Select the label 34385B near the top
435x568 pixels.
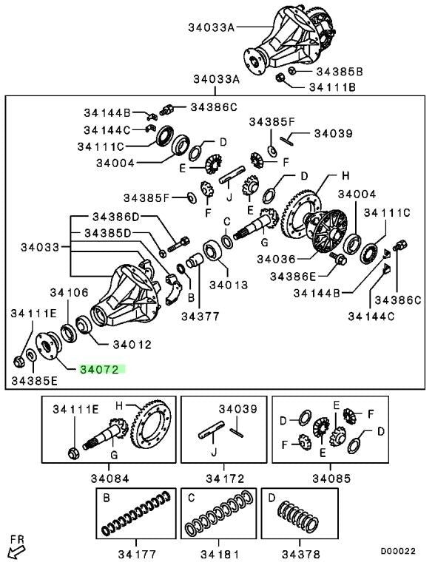pos(340,72)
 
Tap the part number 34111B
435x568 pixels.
pos(332,87)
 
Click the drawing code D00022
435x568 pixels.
pos(398,551)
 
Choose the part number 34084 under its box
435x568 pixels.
pos(109,479)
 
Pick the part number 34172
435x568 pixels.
pos(225,479)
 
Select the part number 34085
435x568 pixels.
pos(331,479)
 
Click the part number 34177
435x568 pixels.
pos(137,554)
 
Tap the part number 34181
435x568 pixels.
pos(220,554)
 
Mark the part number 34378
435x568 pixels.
pos(301,554)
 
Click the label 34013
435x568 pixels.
pos(229,285)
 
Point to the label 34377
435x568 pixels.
pos(200,317)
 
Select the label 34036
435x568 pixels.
pos(277,259)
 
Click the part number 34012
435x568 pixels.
pos(132,345)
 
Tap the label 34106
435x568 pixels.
pos(69,292)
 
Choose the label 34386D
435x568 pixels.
pos(116,217)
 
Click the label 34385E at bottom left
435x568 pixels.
pos(35,381)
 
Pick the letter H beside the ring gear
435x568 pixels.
pos(345,176)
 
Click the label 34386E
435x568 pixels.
pos(293,277)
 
